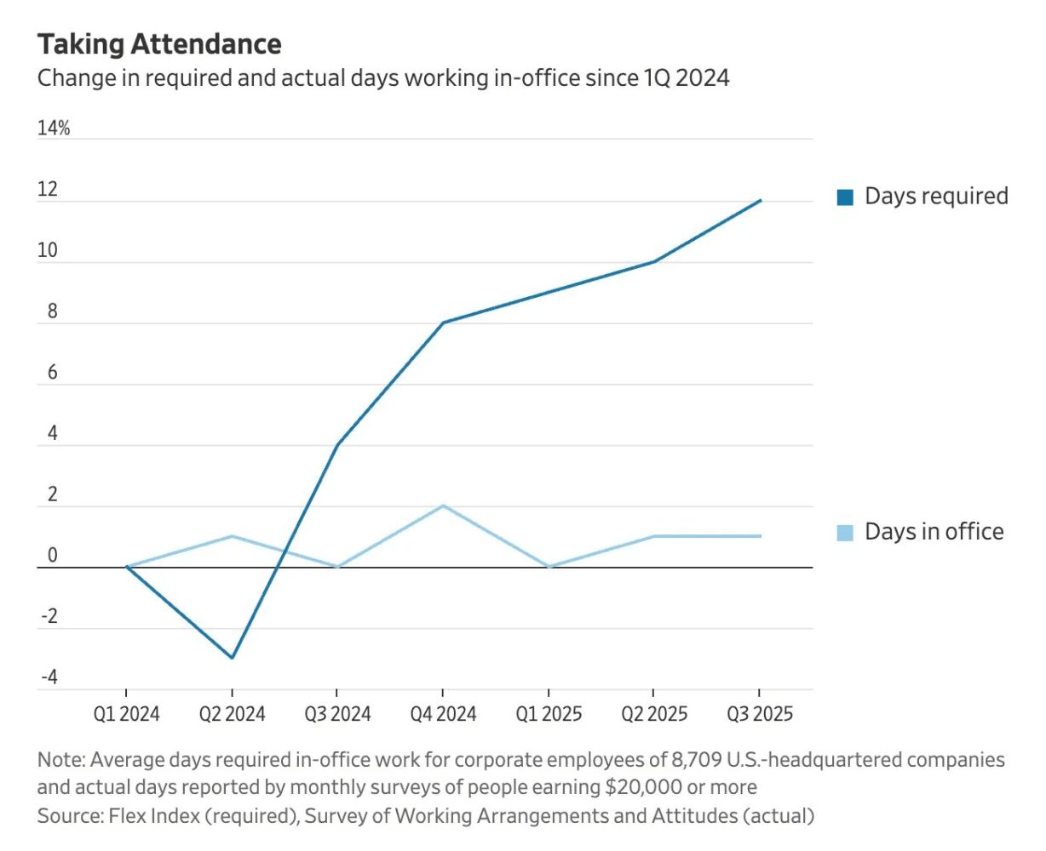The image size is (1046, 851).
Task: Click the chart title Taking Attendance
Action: pos(159,44)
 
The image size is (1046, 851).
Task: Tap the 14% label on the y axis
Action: pos(54,129)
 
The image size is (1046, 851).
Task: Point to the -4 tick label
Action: pos(49,677)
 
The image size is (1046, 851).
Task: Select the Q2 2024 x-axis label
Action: pos(232,714)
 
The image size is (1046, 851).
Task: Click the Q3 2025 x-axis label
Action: pos(759,714)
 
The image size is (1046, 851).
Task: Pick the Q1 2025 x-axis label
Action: pos(549,714)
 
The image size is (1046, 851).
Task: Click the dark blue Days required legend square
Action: pos(845,197)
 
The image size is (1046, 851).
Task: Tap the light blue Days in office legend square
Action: pos(845,533)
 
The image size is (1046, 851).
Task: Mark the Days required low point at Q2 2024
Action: pos(232,658)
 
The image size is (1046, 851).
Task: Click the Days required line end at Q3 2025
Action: pos(760,201)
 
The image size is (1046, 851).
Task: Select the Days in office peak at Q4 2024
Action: pos(443,506)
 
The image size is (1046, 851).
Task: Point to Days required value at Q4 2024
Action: pos(443,323)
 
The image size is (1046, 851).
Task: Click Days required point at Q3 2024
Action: pos(337,445)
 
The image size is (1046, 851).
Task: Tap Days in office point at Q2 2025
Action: pos(654,536)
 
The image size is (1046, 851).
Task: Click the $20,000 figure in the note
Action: pos(643,787)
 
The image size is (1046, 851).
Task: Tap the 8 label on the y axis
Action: pos(53,311)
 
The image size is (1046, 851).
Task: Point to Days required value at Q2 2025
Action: pos(654,261)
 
